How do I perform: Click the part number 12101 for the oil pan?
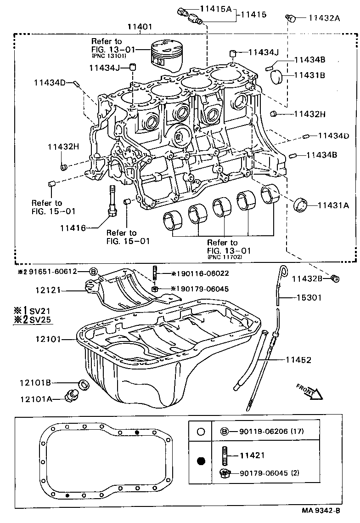tap(47, 339)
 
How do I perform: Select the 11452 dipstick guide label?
tap(298, 360)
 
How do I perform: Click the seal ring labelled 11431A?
tap(301, 205)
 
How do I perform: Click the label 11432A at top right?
tap(324, 18)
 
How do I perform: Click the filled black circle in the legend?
tap(200, 461)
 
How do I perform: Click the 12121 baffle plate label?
tap(47, 290)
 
